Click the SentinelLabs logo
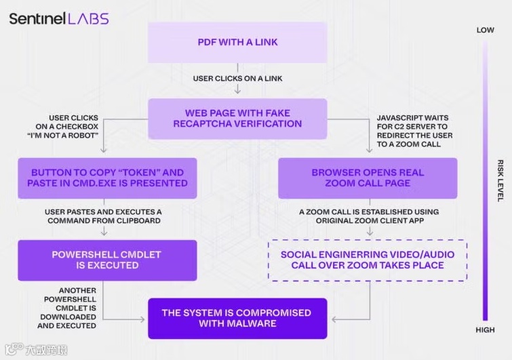[59, 18]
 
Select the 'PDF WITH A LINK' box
[237, 42]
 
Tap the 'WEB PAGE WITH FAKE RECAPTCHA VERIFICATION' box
[237, 119]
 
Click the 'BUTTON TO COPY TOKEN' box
[107, 178]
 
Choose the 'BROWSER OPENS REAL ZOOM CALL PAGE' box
[368, 178]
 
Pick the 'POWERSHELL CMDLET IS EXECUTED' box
[107, 260]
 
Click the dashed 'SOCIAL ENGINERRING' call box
[368, 260]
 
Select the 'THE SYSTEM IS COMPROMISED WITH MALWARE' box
[237, 318]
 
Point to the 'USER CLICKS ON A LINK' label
[237, 79]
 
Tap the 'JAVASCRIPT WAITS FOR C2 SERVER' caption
[414, 131]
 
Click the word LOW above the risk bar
[485, 30]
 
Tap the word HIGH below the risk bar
[485, 330]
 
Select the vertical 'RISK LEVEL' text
[500, 180]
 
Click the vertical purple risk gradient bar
[485, 180]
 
